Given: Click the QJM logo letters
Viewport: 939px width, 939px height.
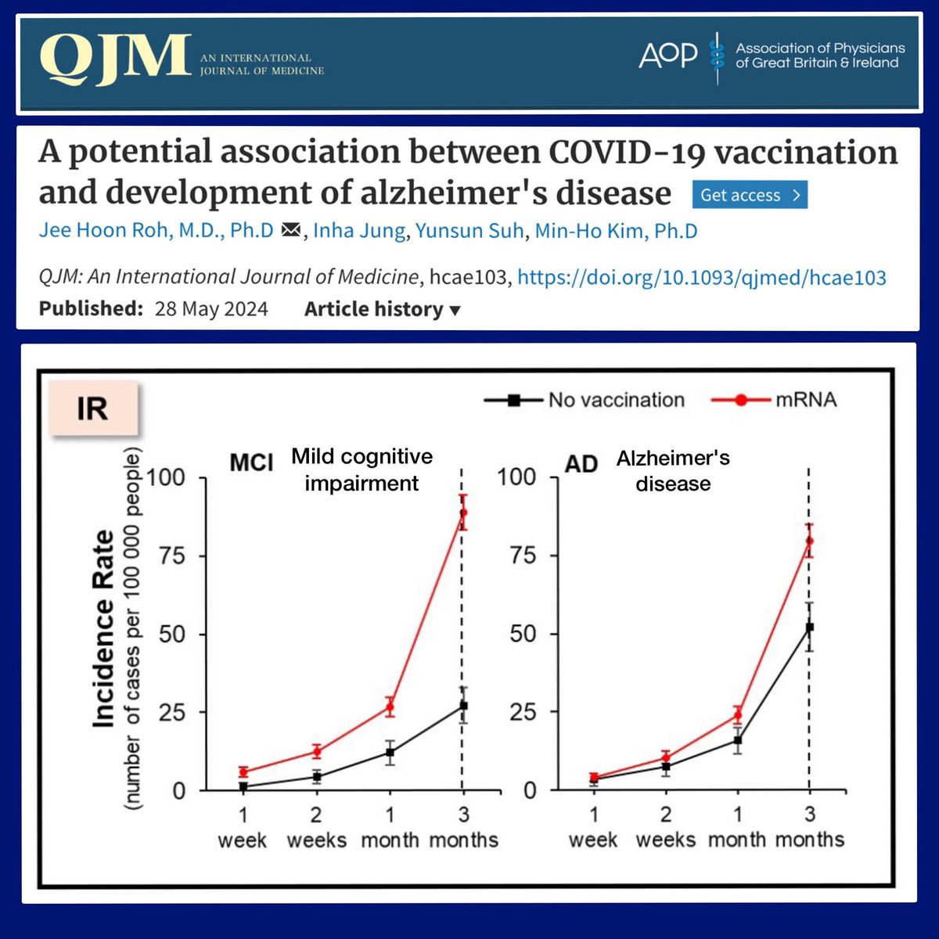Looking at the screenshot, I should [x=115, y=59].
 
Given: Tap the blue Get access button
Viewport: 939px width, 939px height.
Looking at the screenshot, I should [x=749, y=196].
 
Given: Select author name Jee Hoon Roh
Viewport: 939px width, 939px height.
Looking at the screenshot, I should [x=156, y=232].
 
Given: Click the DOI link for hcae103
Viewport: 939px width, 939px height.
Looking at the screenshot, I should [x=702, y=277].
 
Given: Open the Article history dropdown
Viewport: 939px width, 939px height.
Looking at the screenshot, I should [x=382, y=309].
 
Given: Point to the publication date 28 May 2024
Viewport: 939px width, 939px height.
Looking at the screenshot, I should [x=211, y=309].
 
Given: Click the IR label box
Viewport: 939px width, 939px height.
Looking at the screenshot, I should [x=92, y=408].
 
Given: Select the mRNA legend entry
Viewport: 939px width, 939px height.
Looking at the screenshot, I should [x=774, y=400].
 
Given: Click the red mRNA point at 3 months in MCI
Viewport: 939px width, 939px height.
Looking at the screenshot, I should [x=463, y=513].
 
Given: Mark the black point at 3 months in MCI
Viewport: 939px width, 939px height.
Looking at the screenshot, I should [x=463, y=706].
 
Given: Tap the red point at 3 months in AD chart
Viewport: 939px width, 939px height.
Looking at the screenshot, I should [x=810, y=541].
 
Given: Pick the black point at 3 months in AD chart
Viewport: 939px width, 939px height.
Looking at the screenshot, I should [x=810, y=627].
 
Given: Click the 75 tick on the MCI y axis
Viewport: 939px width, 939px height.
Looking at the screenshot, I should [x=171, y=556].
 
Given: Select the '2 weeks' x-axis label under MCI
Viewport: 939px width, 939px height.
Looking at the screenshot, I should [x=316, y=828].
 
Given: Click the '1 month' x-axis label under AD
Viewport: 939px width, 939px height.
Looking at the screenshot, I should [x=737, y=828].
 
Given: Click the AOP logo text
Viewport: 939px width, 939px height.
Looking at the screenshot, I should [x=667, y=55].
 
